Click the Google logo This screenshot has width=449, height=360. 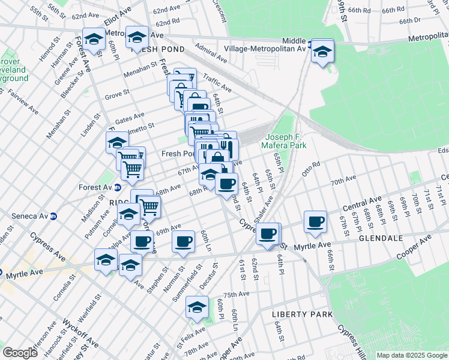pos(20,353)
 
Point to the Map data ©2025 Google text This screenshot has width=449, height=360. pos(411,355)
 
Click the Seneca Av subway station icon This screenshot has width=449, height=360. pos(53,216)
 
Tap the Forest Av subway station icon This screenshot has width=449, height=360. pos(112,187)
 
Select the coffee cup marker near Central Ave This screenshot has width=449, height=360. pos(315,221)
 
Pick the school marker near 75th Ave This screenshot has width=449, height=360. pos(196,307)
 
